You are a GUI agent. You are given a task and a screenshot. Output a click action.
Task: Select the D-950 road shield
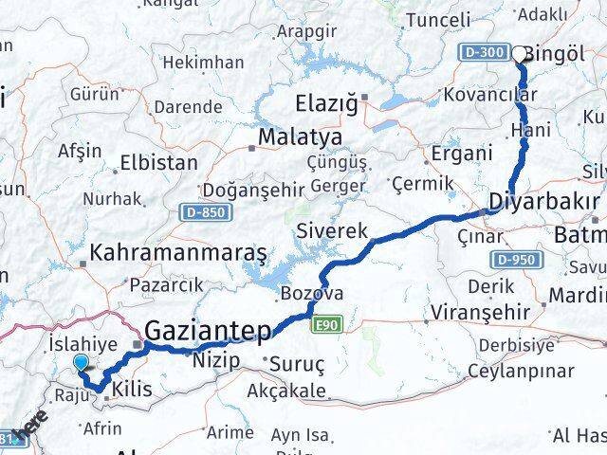(x=516, y=259)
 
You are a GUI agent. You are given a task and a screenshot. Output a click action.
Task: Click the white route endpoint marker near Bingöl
(x=520, y=54)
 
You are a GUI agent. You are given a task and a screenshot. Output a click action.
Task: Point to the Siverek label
(x=332, y=230)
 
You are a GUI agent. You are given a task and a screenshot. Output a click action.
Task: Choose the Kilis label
(x=133, y=389)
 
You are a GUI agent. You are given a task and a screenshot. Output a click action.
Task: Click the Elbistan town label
(x=158, y=163)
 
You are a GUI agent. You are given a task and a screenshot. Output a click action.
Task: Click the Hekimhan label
(x=203, y=62)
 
